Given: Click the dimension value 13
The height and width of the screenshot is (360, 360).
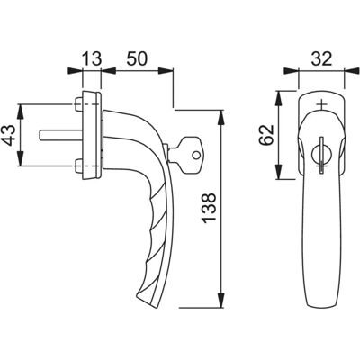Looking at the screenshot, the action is [x=91, y=58].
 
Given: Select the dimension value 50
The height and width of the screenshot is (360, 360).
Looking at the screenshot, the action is [x=137, y=58].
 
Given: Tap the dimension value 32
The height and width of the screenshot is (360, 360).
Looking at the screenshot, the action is [x=321, y=58].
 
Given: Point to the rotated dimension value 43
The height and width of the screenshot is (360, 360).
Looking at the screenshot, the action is [x=10, y=135].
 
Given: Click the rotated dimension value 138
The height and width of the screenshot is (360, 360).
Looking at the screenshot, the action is [x=209, y=208].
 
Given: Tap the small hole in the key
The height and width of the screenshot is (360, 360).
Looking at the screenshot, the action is [x=196, y=155].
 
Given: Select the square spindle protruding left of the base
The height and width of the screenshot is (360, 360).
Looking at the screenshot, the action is [x=60, y=135].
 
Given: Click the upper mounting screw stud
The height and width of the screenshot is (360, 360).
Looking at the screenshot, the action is [x=77, y=104].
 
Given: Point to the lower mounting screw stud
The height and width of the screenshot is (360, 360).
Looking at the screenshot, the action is [x=77, y=166].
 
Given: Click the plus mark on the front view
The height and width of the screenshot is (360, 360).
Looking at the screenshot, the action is [x=321, y=104].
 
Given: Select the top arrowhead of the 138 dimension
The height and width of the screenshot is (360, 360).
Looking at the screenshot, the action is [x=221, y=118].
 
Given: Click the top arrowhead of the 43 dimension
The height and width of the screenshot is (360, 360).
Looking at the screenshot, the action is [x=21, y=112].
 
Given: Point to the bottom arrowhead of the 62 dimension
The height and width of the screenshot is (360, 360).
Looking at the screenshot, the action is [x=279, y=171].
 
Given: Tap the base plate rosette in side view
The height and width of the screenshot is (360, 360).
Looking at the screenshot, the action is [x=92, y=135].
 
